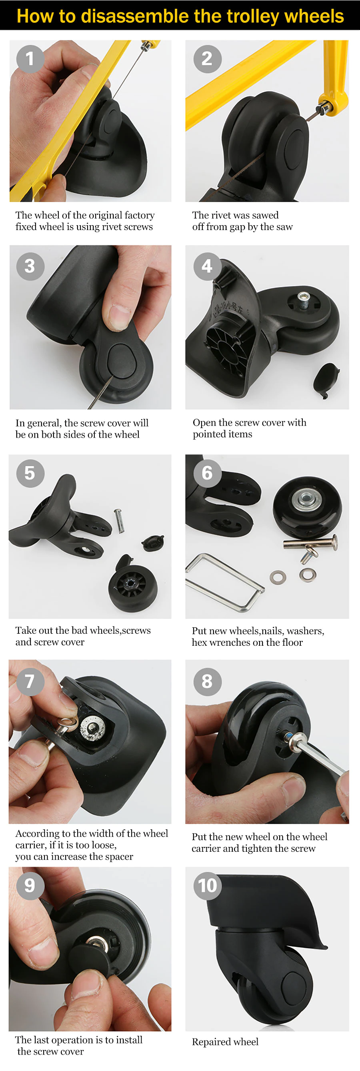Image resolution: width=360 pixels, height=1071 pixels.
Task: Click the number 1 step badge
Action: (x=30, y=59)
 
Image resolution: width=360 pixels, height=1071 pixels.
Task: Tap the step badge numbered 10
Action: (x=208, y=886)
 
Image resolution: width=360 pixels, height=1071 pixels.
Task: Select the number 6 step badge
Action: (x=208, y=473)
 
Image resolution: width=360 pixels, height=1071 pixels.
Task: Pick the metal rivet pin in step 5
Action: (x=119, y=521)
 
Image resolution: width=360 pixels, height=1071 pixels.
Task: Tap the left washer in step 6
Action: (x=277, y=577)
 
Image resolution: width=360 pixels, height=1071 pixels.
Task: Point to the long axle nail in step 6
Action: (x=310, y=543)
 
